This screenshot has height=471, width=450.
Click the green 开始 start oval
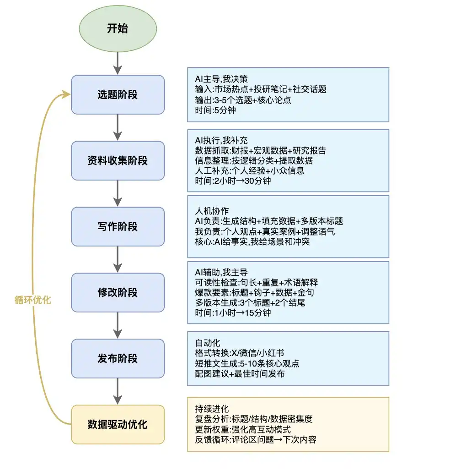118,28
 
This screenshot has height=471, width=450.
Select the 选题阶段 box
118,95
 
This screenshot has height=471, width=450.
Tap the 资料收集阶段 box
118,160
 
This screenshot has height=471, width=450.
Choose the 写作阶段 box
118,226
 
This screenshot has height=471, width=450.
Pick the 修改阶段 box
118,292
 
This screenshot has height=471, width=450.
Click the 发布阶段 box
118,358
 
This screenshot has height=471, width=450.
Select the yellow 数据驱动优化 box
118,424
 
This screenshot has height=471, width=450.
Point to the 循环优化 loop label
33,301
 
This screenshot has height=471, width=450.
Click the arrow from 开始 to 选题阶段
118,62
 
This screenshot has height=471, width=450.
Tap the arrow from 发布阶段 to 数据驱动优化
118,391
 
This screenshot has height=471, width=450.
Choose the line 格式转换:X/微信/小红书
239,353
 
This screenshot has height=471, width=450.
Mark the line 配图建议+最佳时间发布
240,373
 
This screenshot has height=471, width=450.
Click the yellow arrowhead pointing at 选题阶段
67,94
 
